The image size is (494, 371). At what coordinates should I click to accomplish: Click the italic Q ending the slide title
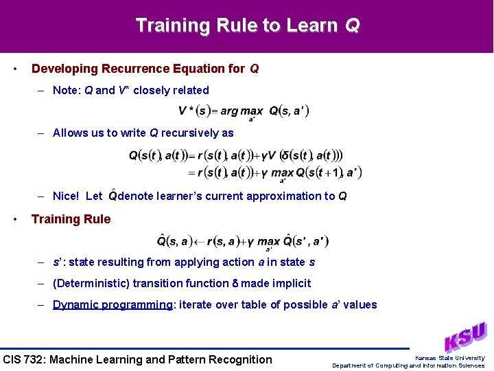pos(352,25)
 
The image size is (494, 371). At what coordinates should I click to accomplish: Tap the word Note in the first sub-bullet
pos(67,90)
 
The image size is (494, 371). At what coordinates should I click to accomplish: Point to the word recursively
pos(191,133)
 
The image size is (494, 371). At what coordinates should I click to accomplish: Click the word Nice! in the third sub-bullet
pos(67,196)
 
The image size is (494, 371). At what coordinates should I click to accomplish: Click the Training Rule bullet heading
pos(71,219)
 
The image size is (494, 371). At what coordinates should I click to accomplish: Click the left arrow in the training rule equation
pos(198,241)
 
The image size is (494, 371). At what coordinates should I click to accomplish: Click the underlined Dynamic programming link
pos(113,304)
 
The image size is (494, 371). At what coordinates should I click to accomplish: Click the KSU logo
pos(464,337)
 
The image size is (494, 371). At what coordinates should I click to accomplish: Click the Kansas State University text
pos(449,357)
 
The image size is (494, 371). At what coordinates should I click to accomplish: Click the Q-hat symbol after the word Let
pos(113,196)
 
